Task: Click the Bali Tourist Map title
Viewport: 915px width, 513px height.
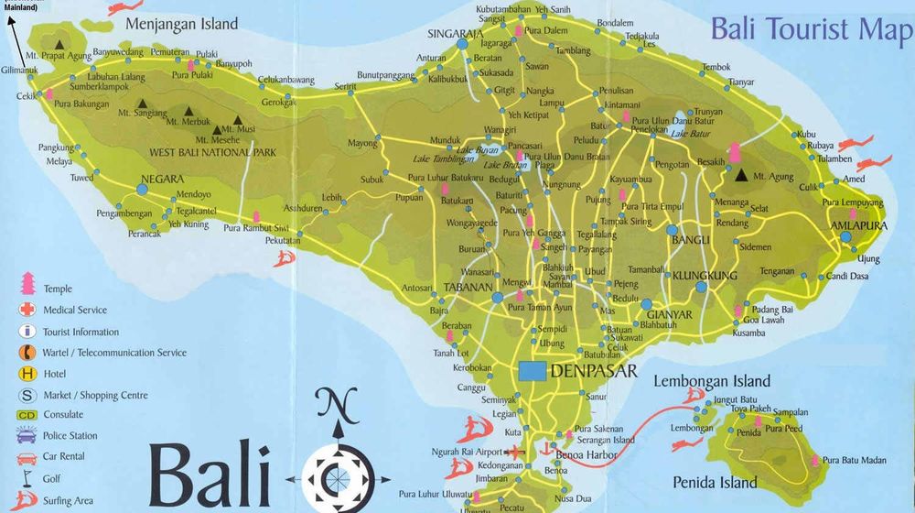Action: pyautogui.click(x=812, y=29)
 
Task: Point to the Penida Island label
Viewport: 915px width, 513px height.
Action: pyautogui.click(x=715, y=482)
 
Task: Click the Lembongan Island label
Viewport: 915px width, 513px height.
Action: pyautogui.click(x=713, y=381)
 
